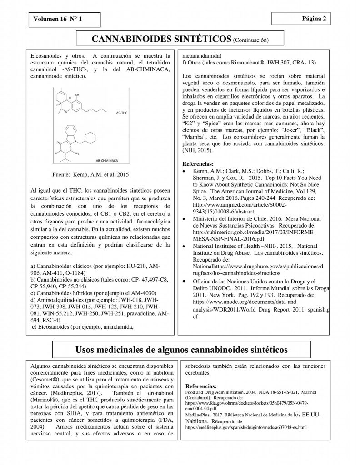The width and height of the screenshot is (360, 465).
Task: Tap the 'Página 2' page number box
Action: click(300, 18)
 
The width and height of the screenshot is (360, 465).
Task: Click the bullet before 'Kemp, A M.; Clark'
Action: click(183, 171)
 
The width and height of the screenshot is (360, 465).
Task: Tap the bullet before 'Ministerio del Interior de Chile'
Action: click(183, 218)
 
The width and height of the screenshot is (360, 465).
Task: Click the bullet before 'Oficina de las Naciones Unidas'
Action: click(183, 282)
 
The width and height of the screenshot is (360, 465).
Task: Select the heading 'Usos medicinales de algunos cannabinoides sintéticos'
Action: click(180, 350)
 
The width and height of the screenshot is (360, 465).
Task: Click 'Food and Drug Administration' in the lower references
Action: click(216, 391)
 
